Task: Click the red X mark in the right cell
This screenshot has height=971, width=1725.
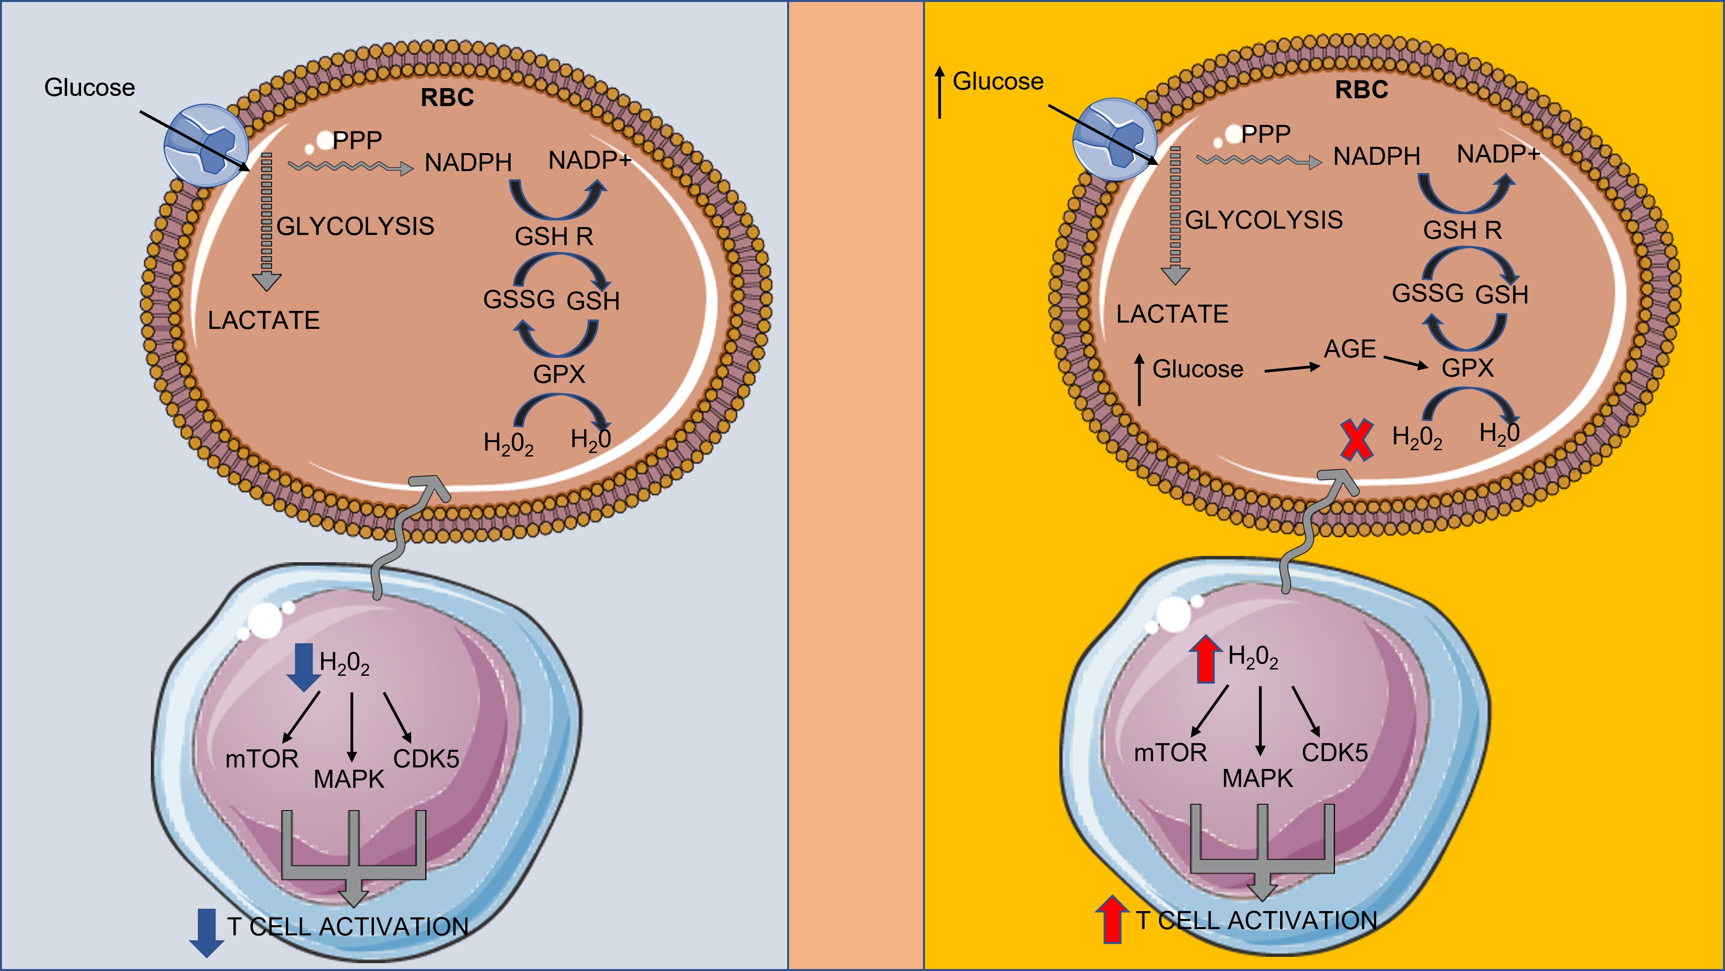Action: [x=1357, y=440]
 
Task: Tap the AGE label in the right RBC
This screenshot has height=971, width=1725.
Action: [x=1349, y=349]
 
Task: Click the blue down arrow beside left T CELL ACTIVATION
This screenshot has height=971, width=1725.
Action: [x=207, y=932]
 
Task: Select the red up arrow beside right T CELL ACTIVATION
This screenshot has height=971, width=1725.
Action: [x=1112, y=919]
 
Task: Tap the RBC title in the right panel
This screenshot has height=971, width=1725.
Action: [x=1361, y=90]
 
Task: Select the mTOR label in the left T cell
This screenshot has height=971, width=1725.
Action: [x=262, y=759]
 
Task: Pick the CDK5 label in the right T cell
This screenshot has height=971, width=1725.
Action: [x=1335, y=753]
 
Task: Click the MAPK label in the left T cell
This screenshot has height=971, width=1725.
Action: [x=349, y=779]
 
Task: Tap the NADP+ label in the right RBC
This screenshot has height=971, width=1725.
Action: [x=1498, y=154]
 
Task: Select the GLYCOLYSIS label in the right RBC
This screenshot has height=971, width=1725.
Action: [x=1264, y=220]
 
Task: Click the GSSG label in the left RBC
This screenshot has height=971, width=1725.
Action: [x=519, y=299]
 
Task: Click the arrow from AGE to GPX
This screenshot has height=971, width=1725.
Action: [x=1405, y=362]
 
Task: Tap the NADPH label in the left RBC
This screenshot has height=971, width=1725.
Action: [x=468, y=162]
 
